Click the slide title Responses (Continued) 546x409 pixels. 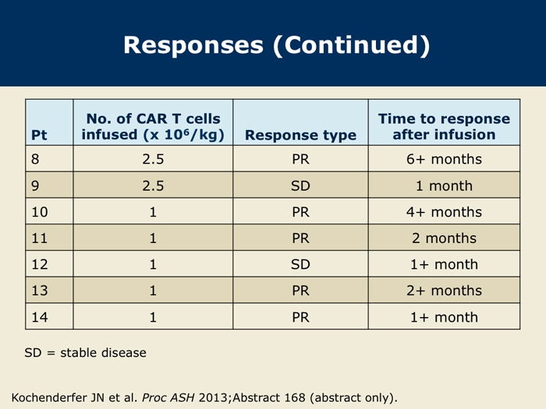pyautogui.click(x=277, y=45)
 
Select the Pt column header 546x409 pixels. pyautogui.click(x=39, y=135)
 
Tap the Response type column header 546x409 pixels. pyautogui.click(x=300, y=135)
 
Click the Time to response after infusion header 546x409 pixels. pyautogui.click(x=444, y=126)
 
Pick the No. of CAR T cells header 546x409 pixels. pyautogui.click(x=153, y=118)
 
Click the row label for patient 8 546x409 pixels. pyautogui.click(x=35, y=159)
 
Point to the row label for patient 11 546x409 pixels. pyautogui.click(x=39, y=238)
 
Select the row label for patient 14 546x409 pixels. pyautogui.click(x=39, y=317)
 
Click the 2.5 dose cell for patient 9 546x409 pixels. pyautogui.click(x=153, y=185)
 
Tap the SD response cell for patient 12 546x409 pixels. pyautogui.click(x=300, y=264)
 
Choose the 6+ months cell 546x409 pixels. pyautogui.click(x=444, y=159)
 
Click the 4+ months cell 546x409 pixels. pyautogui.click(x=444, y=212)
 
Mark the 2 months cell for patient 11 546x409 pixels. pyautogui.click(x=444, y=238)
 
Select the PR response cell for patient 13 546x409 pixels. pyautogui.click(x=300, y=291)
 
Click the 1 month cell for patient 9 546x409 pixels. pyautogui.click(x=444, y=185)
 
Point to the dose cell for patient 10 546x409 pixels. pyautogui.click(x=153, y=212)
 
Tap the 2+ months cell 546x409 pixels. pyautogui.click(x=444, y=291)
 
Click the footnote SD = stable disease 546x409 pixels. pyautogui.click(x=85, y=353)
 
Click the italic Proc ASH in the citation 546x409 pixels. pyautogui.click(x=168, y=397)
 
